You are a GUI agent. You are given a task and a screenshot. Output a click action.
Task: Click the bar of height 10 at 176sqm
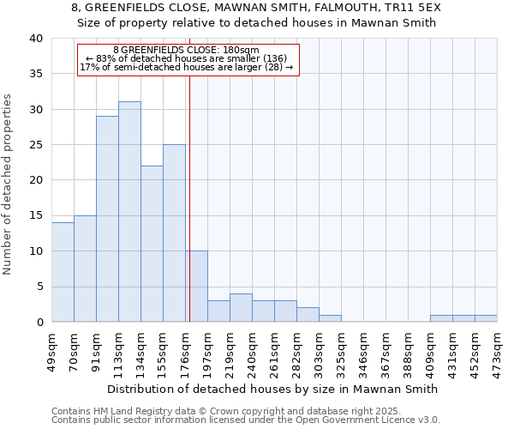pyautogui.click(x=196, y=287)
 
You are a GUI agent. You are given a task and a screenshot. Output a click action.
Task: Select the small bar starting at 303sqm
pyautogui.click(x=330, y=318)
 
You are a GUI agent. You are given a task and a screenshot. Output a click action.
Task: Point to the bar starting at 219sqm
pyautogui.click(x=241, y=308)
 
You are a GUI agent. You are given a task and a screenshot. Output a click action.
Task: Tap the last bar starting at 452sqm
pyautogui.click(x=486, y=318)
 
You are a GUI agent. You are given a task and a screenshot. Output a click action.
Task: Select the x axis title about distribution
pyautogui.click(x=273, y=389)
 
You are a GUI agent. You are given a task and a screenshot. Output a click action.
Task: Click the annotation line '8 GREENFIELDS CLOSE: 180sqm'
pyautogui.click(x=186, y=51)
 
